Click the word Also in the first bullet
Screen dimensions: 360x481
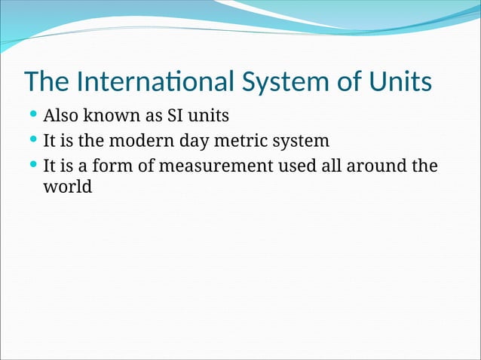click(60, 117)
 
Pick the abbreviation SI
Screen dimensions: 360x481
click(174, 117)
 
